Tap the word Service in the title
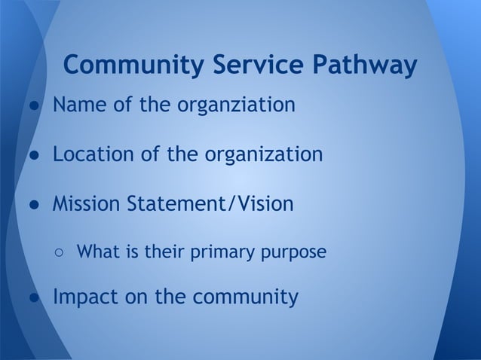point(250,66)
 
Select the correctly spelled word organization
point(264,156)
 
